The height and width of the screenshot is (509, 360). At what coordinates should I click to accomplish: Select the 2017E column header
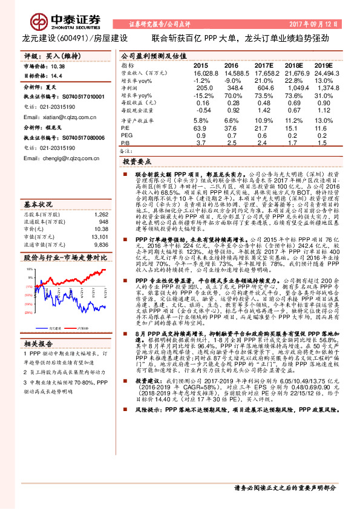(264, 65)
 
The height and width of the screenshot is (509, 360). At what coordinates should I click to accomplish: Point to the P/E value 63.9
(200, 128)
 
